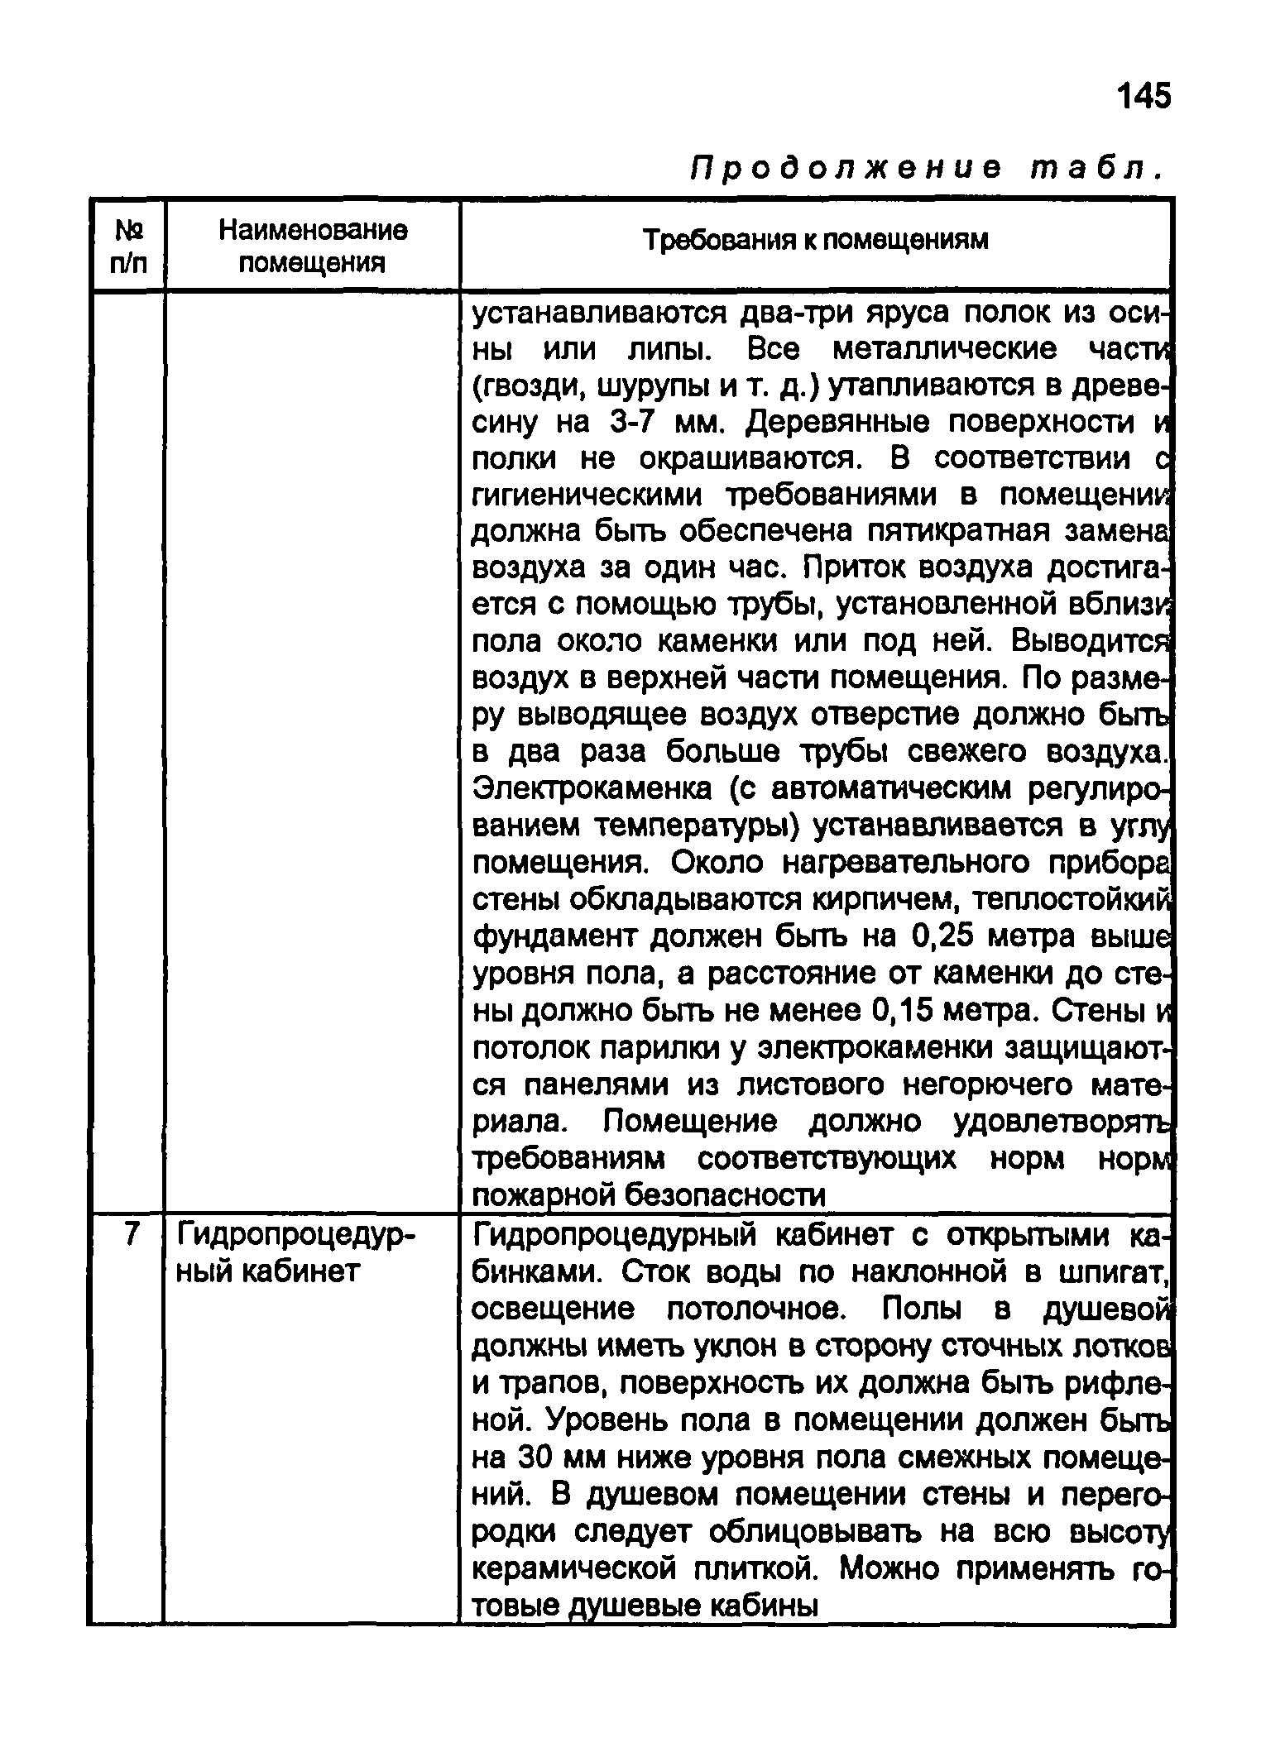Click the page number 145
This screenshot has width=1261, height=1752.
pyautogui.click(x=1144, y=97)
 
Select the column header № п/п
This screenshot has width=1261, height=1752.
pyautogui.click(x=127, y=246)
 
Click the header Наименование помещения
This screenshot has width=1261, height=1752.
pyautogui.click(x=313, y=246)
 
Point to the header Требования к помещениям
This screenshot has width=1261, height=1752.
pyautogui.click(x=816, y=240)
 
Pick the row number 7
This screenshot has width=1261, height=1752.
pyautogui.click(x=128, y=1234)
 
